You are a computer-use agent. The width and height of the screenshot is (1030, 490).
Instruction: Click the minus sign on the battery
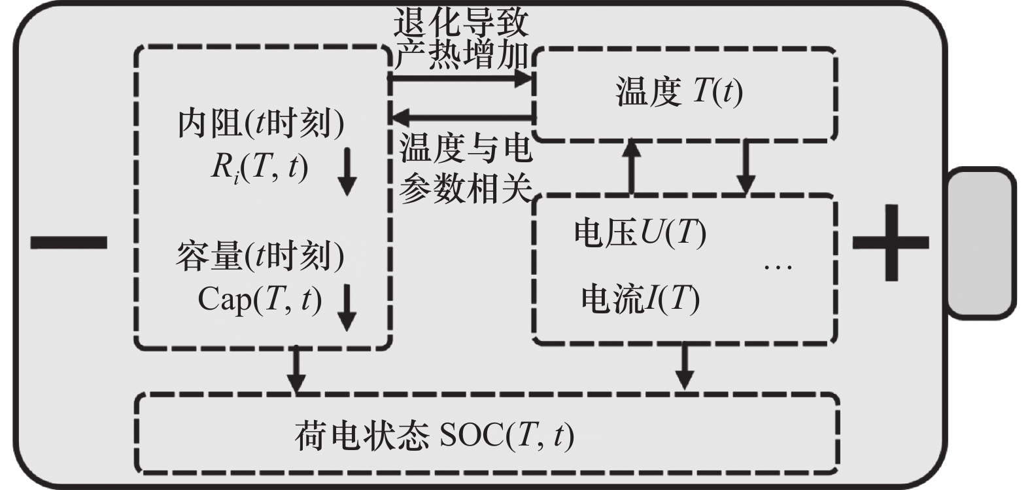[69, 243]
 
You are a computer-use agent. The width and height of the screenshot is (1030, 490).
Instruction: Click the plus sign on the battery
[890, 243]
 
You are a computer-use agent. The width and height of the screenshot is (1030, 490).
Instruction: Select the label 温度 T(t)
[679, 92]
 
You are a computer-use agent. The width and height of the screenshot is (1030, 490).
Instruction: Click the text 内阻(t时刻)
[260, 124]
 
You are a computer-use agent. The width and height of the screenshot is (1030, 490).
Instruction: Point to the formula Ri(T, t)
[259, 167]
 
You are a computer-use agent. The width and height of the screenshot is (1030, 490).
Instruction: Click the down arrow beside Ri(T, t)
[347, 172]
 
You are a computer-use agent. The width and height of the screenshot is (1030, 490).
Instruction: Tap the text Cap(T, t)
[260, 300]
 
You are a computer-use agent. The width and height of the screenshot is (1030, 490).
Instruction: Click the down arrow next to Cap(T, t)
[347, 307]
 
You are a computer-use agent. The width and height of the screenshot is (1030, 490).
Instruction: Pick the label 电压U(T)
[640, 233]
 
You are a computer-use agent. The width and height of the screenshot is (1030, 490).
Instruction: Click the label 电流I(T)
[640, 298]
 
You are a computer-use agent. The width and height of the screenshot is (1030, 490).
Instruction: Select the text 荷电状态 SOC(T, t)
[434, 435]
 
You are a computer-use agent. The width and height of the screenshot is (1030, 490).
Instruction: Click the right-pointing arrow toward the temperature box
[461, 79]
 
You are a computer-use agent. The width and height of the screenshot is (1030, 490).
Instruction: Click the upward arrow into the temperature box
[632, 167]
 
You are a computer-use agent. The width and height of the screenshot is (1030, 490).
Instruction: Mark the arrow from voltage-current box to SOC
[685, 366]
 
